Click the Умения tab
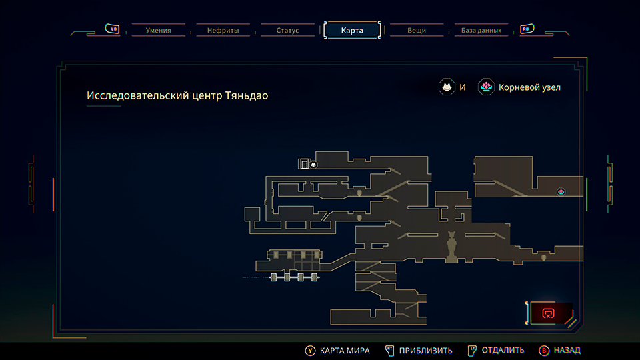point(158,30)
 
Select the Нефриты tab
point(223,30)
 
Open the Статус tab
point(288,30)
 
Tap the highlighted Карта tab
point(352,30)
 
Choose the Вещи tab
point(417,30)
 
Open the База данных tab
point(481,30)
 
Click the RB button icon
point(527,29)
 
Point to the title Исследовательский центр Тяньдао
point(177,95)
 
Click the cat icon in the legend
point(447,87)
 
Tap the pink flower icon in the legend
point(487,87)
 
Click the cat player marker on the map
point(313,164)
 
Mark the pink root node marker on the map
point(561,191)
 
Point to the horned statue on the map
point(452,245)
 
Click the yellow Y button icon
point(310,350)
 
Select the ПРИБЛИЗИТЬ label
point(426,350)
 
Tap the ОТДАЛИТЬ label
point(503,350)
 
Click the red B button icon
point(543,350)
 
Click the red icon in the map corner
point(548,313)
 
